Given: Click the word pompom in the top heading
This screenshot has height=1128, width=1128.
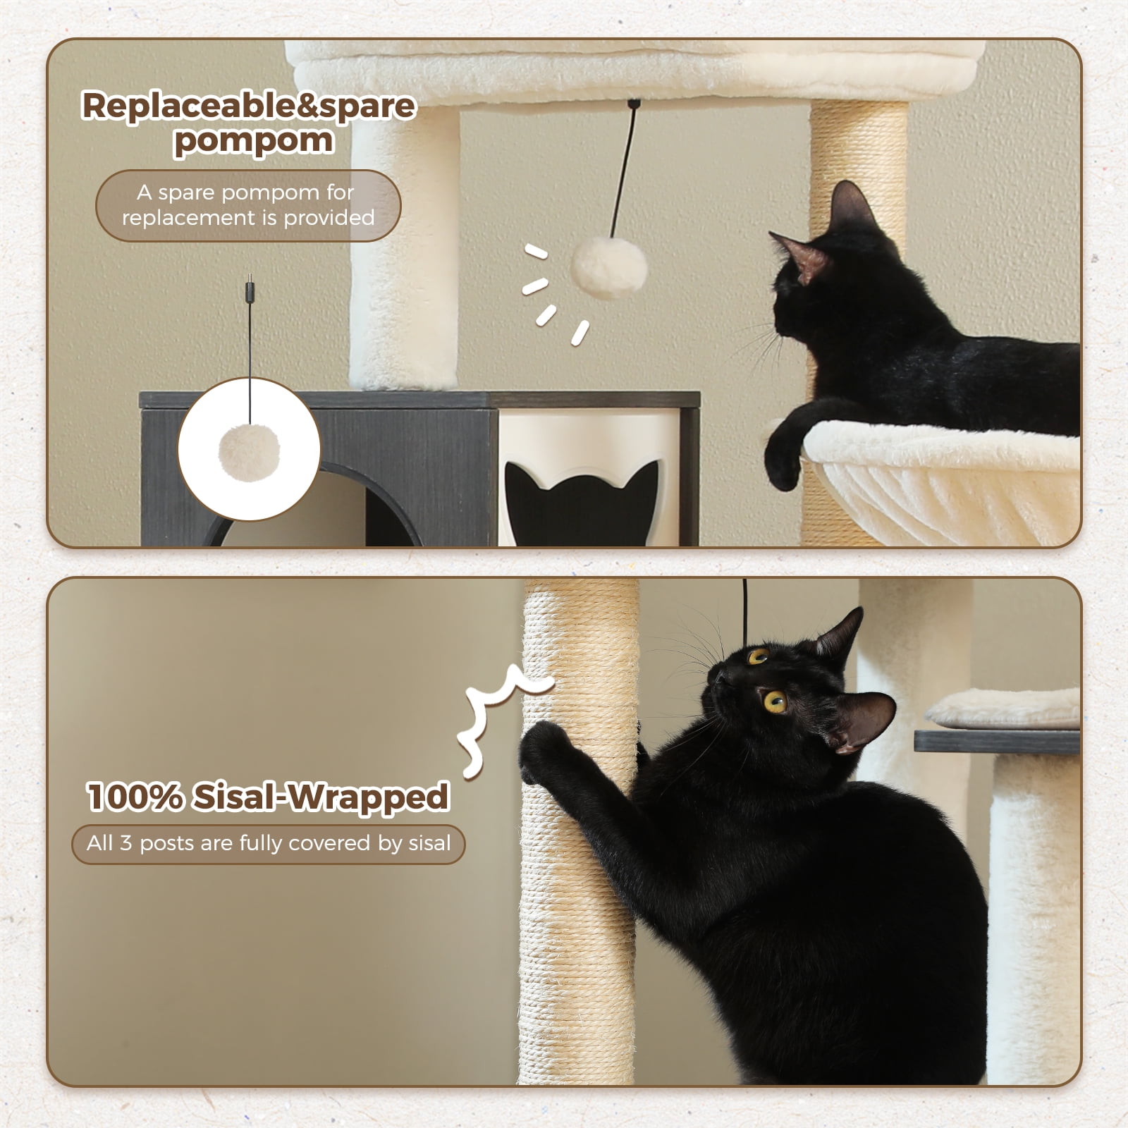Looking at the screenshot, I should [x=254, y=140].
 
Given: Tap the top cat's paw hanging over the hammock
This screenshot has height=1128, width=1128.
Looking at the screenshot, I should [x=783, y=469].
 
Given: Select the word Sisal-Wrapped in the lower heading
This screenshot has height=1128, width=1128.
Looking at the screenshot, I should [x=321, y=797].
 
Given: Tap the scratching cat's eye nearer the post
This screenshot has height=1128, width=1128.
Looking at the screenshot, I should [x=758, y=656].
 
